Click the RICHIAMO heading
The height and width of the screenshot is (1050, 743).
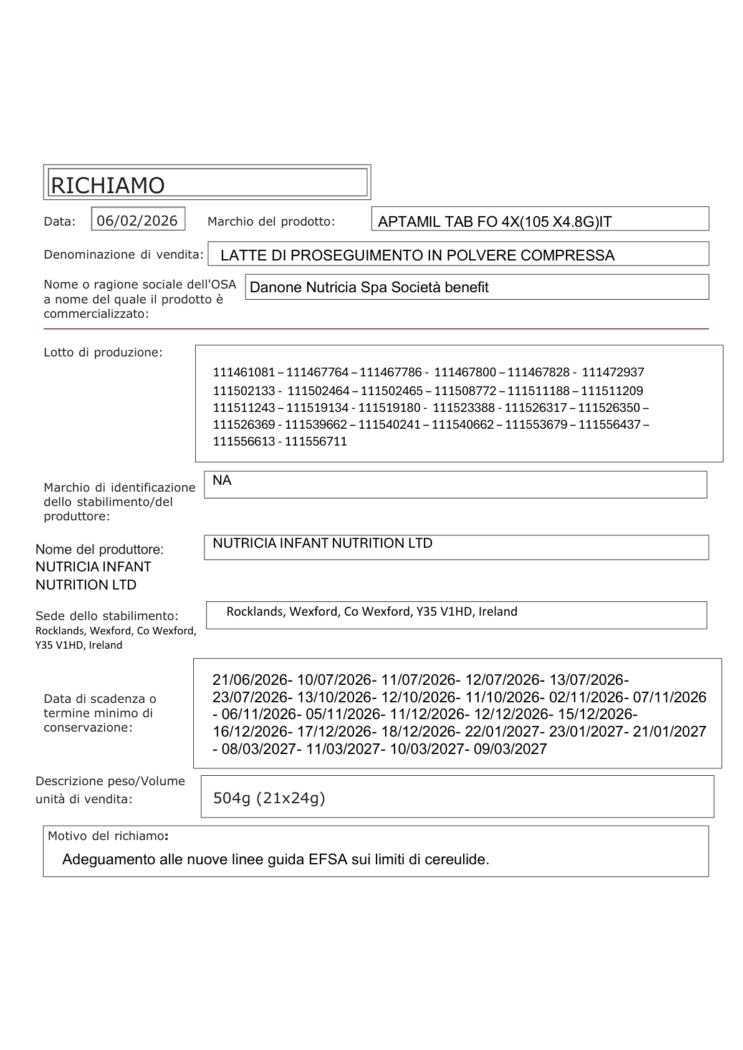[107, 185]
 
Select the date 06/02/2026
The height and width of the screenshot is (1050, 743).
[137, 221]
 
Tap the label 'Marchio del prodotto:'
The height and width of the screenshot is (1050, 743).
[271, 221]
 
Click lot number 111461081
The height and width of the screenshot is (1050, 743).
[244, 372]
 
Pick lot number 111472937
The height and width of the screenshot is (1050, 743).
[613, 372]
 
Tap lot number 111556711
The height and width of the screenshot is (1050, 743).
[316, 441]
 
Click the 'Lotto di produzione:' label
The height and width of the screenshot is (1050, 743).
[103, 353]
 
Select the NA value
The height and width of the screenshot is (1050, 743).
[222, 480]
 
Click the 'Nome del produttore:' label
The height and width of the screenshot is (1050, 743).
[100, 550]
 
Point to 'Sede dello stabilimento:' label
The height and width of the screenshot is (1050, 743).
[107, 616]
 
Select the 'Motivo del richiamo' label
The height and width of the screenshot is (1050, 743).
[106, 836]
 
